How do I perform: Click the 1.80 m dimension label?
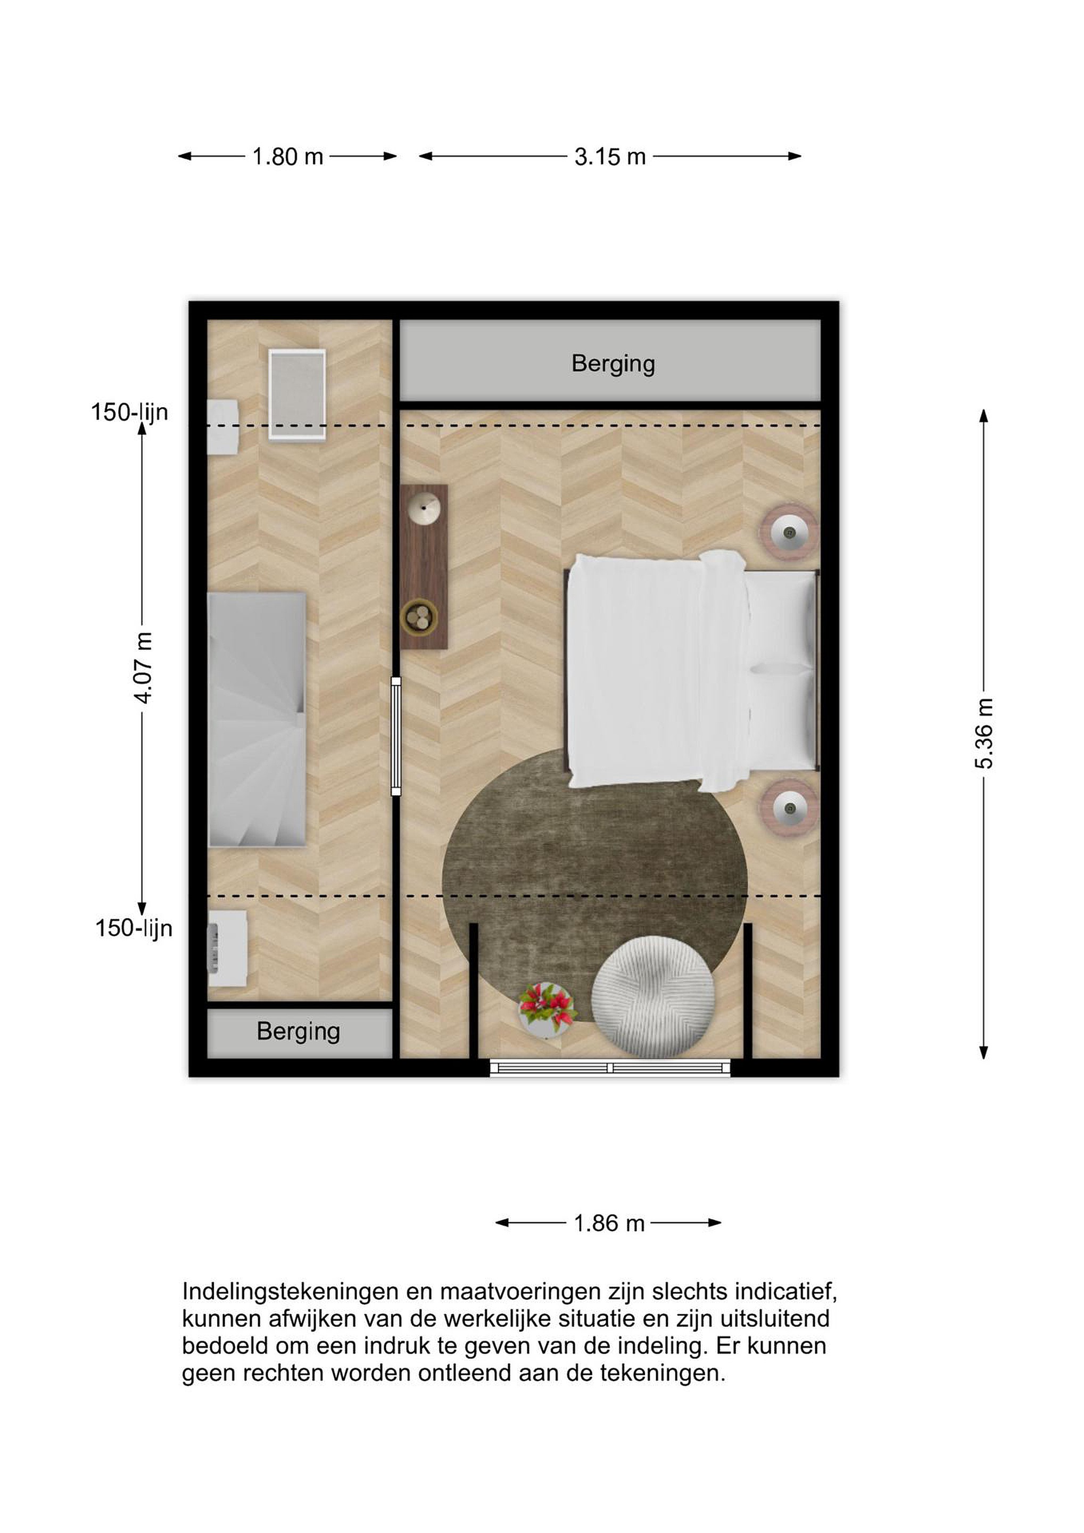click(x=288, y=157)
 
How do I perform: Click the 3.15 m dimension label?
click(x=610, y=157)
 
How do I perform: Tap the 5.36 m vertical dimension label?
click(x=984, y=733)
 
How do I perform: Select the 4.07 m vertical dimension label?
click(x=144, y=667)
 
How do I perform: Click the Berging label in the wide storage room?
click(x=613, y=364)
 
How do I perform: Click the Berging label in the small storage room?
click(x=299, y=1032)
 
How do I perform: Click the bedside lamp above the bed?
click(x=789, y=531)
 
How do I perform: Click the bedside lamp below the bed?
click(x=789, y=809)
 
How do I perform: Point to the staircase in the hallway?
click(x=257, y=720)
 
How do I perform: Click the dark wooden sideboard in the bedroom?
click(x=424, y=566)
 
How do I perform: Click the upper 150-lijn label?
click(x=129, y=412)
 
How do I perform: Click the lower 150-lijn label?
click(x=134, y=928)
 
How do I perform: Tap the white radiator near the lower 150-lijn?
click(x=227, y=949)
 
